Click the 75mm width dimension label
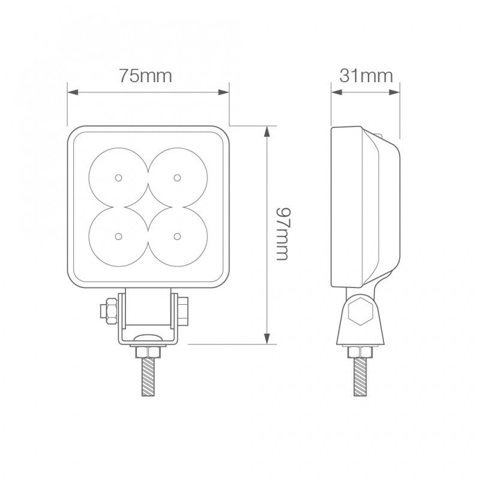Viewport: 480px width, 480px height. tap(145, 76)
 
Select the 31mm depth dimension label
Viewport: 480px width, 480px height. tap(365, 76)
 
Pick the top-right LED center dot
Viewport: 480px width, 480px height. tap(176, 177)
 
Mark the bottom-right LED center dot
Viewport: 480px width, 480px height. tap(176, 235)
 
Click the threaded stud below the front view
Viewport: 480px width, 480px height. tap(147, 377)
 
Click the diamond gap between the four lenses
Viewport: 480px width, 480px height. tap(148, 206)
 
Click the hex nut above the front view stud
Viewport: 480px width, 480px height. tap(147, 351)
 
